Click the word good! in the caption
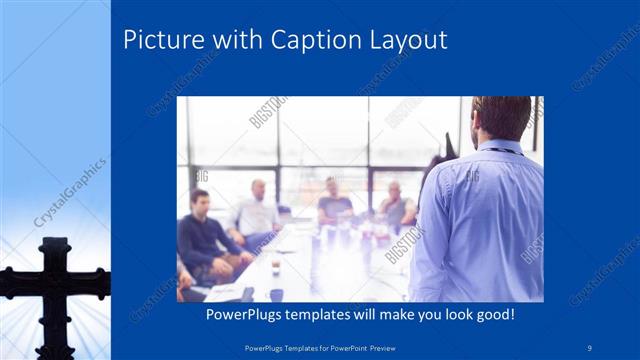point(493,314)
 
